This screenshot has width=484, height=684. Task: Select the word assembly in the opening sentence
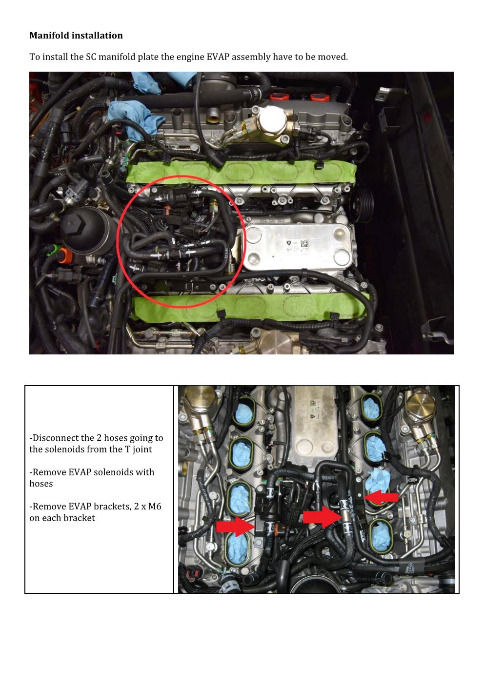pyautogui.click(x=251, y=57)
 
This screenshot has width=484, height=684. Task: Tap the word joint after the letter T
pyautogui.click(x=142, y=449)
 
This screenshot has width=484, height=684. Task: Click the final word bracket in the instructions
pyautogui.click(x=79, y=518)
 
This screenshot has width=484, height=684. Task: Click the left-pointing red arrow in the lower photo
pyautogui.click(x=382, y=497)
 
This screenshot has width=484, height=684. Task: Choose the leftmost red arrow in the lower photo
pyautogui.click(x=235, y=527)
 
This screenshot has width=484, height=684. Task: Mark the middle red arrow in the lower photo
pyautogui.click(x=322, y=517)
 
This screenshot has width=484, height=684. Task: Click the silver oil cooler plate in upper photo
pyautogui.click(x=299, y=246)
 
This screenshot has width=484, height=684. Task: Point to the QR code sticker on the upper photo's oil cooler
pyautogui.click(x=304, y=243)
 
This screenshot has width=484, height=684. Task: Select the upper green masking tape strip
pyautogui.click(x=241, y=172)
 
